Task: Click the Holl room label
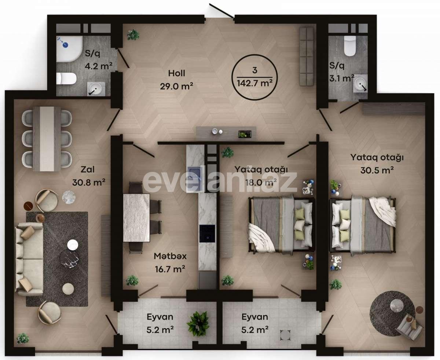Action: (x=176, y=73)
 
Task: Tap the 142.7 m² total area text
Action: (x=254, y=83)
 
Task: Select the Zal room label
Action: (x=89, y=169)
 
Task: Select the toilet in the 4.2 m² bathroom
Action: (x=66, y=78)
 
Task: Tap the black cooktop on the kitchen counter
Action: (x=207, y=234)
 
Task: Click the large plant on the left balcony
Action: (x=198, y=323)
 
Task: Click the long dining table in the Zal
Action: (x=47, y=139)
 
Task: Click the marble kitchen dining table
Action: (x=136, y=217)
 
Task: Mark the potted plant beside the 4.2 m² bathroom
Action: (x=133, y=35)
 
